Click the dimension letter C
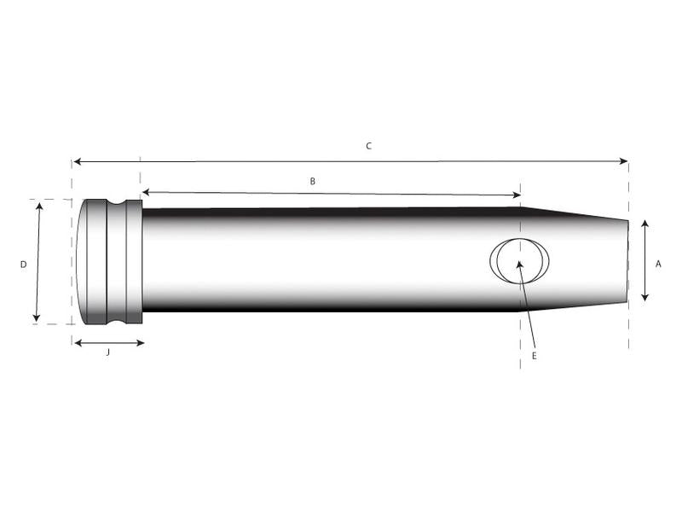(x=368, y=146)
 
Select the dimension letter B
(x=313, y=181)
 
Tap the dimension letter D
(x=23, y=265)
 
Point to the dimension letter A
(x=658, y=265)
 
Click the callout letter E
(x=535, y=356)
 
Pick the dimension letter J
(x=107, y=352)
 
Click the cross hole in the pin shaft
(x=519, y=259)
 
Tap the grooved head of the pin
(x=109, y=261)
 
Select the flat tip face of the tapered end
(x=627, y=261)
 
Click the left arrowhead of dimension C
(x=76, y=160)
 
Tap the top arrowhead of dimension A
(x=644, y=224)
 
